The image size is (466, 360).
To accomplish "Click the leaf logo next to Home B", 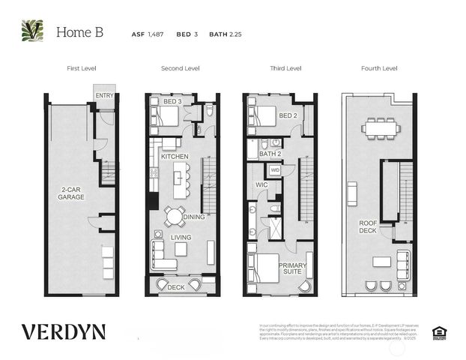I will tap(32, 31).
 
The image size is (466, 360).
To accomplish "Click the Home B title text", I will tap(79, 32).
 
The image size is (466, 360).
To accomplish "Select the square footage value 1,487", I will tap(154, 34).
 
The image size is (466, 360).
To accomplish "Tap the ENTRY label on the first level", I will tap(104, 95).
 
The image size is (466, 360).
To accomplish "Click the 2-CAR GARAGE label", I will tap(73, 193).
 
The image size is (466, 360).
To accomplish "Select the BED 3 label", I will tap(172, 100).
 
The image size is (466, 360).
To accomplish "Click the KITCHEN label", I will tap(175, 156).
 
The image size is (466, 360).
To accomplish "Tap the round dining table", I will tap(174, 217).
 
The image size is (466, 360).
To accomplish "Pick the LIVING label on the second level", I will tap(181, 237).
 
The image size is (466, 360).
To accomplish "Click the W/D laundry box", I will tap(275, 170).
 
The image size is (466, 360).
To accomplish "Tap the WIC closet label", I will tap(261, 184).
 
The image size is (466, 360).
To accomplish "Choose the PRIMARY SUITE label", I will tap(291, 269).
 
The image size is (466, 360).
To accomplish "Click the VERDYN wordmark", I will tap(63, 331).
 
